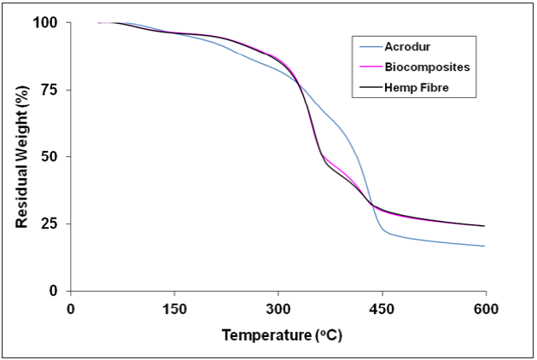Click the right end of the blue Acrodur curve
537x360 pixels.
(x=485, y=246)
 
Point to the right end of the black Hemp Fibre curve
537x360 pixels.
(x=485, y=226)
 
